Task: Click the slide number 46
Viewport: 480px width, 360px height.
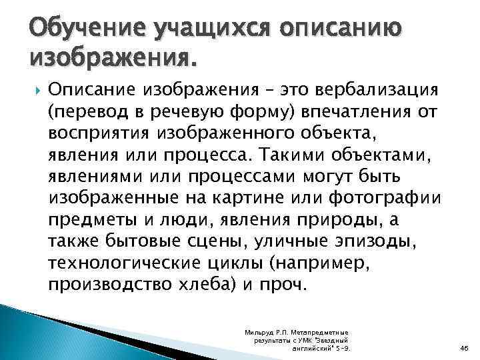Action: tap(464, 347)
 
